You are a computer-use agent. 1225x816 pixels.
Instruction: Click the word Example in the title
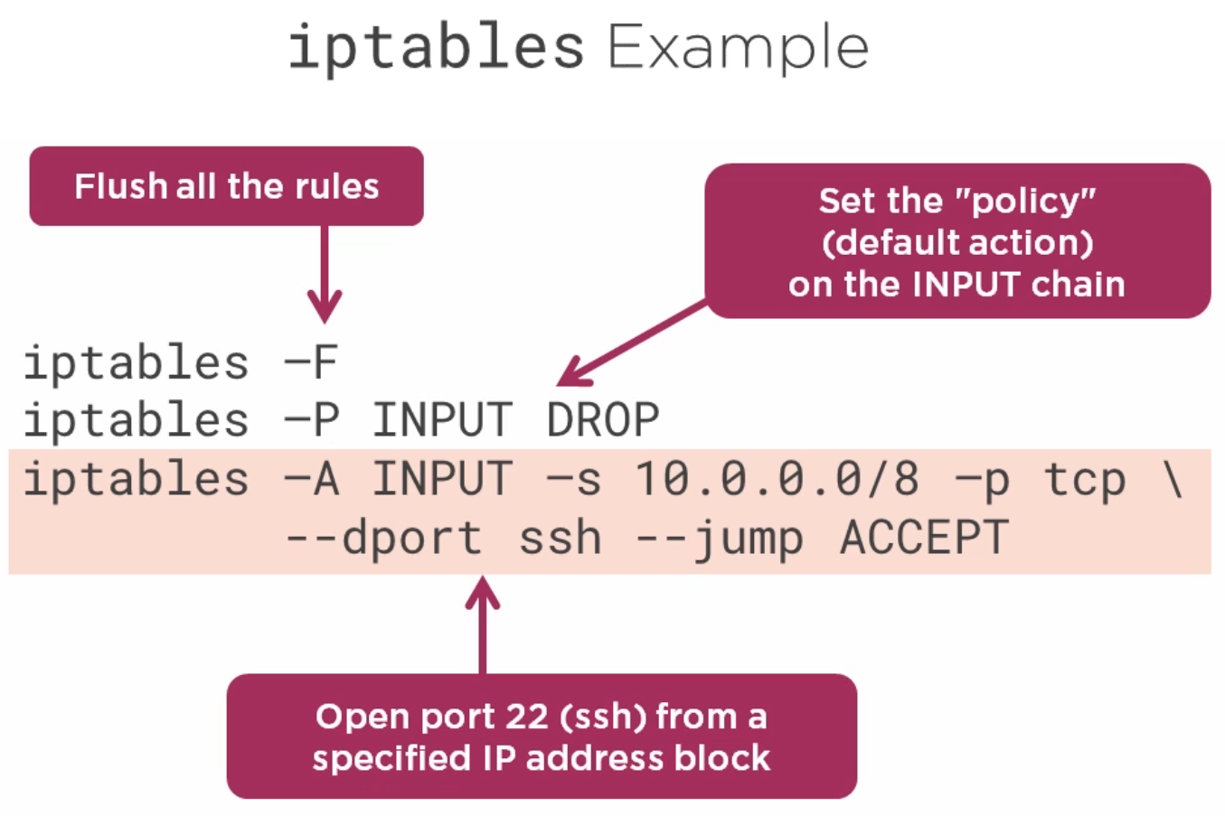[x=738, y=48]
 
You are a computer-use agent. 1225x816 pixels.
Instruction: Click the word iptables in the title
[x=436, y=48]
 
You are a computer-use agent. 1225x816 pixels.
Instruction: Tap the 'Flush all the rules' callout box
[x=226, y=186]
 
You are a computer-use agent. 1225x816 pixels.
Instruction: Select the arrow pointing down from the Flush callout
[x=325, y=275]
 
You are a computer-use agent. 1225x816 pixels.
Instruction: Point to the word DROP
[x=603, y=419]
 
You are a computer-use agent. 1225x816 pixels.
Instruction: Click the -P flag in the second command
[x=311, y=419]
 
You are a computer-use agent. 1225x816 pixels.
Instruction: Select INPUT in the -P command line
[x=442, y=419]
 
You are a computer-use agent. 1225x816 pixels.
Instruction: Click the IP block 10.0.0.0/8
[x=777, y=478]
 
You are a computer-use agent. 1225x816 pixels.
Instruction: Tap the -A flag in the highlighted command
[x=311, y=479]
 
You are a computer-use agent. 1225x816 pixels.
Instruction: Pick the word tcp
[x=1085, y=479]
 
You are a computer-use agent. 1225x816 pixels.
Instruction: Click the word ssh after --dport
[x=560, y=538]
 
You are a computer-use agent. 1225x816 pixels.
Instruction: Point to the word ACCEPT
[x=924, y=537]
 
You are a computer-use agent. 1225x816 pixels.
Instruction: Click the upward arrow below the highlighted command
[x=483, y=624]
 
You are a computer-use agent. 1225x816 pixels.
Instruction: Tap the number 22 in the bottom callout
[x=526, y=717]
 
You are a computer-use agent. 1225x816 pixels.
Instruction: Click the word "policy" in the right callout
[x=1025, y=202]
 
